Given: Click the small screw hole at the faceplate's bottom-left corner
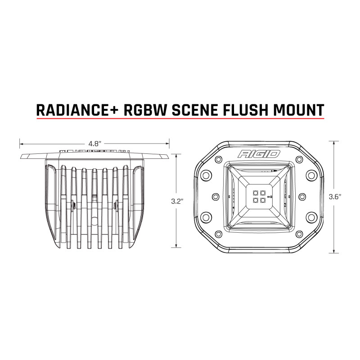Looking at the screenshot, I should point(218,234).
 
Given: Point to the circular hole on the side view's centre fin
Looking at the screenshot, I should point(94,220).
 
